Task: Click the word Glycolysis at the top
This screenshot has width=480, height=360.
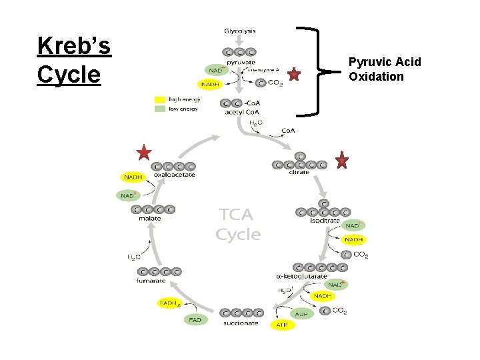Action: [x=239, y=31]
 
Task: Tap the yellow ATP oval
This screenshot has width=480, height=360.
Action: [x=281, y=325]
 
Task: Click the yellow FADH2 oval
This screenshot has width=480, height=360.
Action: [x=171, y=303]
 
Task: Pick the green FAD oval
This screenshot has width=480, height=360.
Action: [x=195, y=319]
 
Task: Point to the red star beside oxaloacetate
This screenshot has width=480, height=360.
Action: [x=143, y=153]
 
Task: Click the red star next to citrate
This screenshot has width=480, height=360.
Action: [x=342, y=160]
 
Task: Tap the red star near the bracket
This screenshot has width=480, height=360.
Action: [x=294, y=75]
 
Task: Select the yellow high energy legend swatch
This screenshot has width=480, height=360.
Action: [x=160, y=100]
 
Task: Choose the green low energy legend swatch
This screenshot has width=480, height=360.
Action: [x=160, y=109]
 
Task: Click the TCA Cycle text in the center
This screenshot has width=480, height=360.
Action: [x=237, y=225]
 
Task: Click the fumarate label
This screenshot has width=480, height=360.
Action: [x=151, y=281]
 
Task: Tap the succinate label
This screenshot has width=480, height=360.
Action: [x=241, y=323]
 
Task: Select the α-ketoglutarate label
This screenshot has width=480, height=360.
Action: [x=301, y=276]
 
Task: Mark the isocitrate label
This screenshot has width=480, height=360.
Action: [x=325, y=221]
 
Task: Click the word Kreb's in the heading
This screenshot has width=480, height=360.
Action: [x=74, y=47]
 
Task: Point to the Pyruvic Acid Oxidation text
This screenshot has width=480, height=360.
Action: [x=385, y=69]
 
